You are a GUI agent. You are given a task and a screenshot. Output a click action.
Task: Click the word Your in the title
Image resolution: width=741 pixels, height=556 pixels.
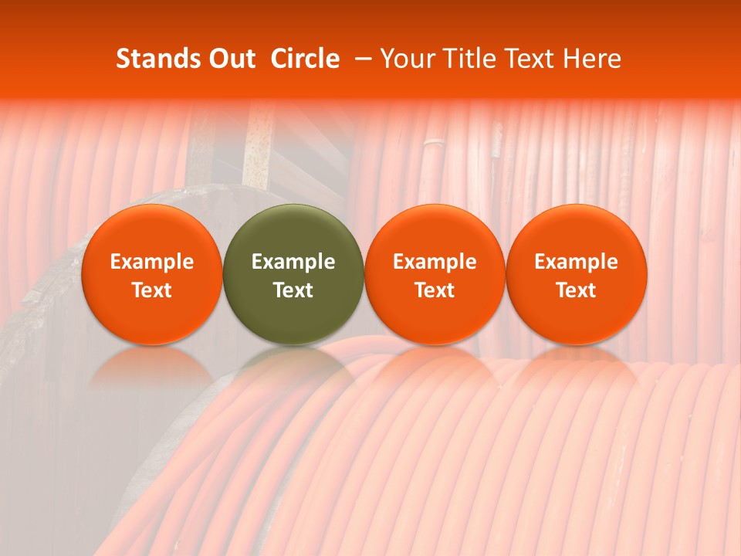[x=407, y=59]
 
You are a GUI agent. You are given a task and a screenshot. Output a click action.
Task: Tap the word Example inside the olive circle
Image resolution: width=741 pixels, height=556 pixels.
[x=293, y=262]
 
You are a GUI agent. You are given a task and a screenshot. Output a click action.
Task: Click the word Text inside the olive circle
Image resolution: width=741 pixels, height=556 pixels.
[x=293, y=290]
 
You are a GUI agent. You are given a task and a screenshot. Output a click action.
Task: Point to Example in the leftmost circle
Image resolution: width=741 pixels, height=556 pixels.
[x=152, y=262]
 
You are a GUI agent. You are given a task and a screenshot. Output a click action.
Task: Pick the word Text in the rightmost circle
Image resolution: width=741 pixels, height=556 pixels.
[x=577, y=290]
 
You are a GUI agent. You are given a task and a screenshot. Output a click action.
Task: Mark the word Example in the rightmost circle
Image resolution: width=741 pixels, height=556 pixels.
[x=577, y=262]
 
